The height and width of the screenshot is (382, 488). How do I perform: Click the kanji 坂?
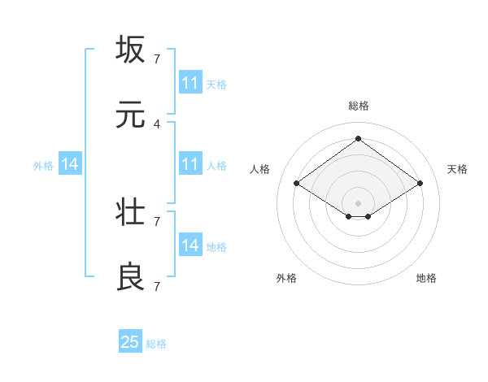point(131,50)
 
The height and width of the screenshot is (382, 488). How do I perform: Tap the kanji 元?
point(131,115)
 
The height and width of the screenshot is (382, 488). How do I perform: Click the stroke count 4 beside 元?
point(157,124)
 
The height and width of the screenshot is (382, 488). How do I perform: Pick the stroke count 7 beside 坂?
point(157,59)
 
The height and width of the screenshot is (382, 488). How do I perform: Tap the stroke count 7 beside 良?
point(157,286)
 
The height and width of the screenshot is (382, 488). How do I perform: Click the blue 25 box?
point(130,342)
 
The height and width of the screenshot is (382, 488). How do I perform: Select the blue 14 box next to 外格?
point(70,164)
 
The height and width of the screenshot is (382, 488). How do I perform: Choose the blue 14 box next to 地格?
point(190,245)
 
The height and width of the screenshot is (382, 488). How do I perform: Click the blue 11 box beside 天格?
point(190,83)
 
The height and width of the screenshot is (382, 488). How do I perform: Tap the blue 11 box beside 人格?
point(190,164)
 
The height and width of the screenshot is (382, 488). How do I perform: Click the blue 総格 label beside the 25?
point(156,344)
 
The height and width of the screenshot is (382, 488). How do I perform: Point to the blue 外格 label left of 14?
point(43,165)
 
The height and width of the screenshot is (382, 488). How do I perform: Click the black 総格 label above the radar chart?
point(359,106)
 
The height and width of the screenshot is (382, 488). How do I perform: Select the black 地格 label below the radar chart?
point(426,278)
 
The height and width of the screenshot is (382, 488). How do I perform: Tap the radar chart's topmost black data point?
point(359,138)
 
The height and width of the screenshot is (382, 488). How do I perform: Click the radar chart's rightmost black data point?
point(420,184)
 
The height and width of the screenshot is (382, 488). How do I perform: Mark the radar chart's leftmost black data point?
point(297,184)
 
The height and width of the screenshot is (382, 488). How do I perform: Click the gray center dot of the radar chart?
point(359,202)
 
